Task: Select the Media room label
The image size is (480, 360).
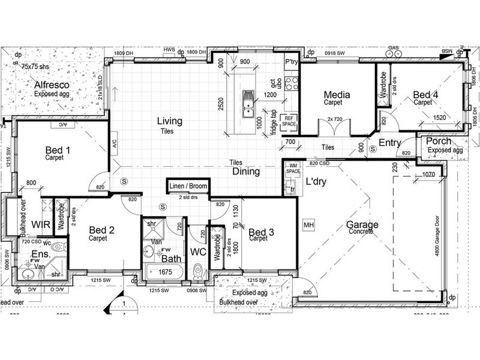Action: pos(337,94)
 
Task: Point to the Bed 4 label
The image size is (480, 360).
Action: pos(425,94)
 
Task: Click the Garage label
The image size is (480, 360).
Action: pos(362,225)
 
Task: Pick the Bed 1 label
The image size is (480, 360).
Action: pos(58,149)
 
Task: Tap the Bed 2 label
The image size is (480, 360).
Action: pos(101,229)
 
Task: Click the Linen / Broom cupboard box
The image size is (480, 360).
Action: pos(188,187)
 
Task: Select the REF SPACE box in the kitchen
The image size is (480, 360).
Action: pos(290,121)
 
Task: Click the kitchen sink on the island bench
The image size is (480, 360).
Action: pos(247,104)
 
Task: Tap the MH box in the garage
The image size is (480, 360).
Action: pos(309,225)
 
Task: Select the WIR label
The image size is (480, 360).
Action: pos(41,224)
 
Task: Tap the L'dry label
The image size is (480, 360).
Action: pos(316,181)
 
